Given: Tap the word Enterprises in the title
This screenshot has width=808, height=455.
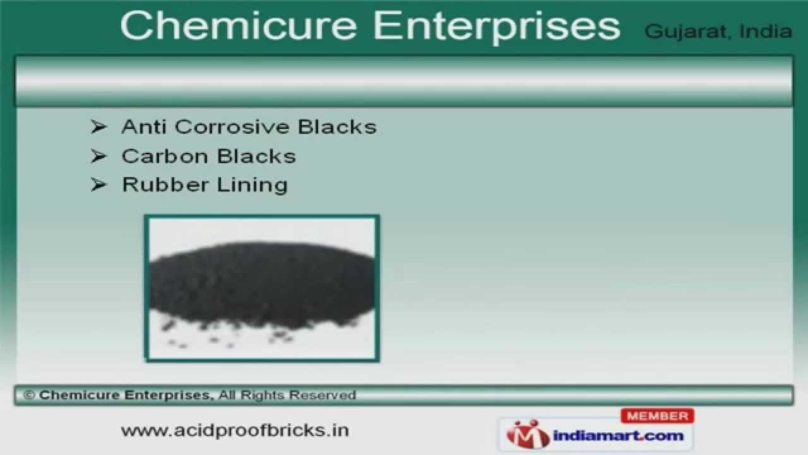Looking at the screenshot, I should tap(495, 27).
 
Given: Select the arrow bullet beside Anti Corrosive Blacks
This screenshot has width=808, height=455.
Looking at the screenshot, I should tap(98, 127).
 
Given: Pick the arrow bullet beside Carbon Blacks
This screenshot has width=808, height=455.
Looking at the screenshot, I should tap(98, 156).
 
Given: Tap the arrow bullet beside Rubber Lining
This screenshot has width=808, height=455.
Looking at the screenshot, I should tap(98, 185).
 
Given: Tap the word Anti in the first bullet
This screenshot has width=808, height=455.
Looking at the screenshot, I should tap(144, 127).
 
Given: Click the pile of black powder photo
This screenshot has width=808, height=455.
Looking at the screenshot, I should tap(262, 288).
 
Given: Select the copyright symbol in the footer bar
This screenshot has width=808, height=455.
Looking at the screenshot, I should tap(28, 396).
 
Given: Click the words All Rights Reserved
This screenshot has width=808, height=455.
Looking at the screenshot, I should tap(288, 396).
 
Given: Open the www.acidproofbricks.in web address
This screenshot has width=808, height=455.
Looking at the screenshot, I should tap(235, 430).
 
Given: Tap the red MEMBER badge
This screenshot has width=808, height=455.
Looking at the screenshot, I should tap(658, 416).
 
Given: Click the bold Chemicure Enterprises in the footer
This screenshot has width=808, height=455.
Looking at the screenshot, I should tap(124, 396).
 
